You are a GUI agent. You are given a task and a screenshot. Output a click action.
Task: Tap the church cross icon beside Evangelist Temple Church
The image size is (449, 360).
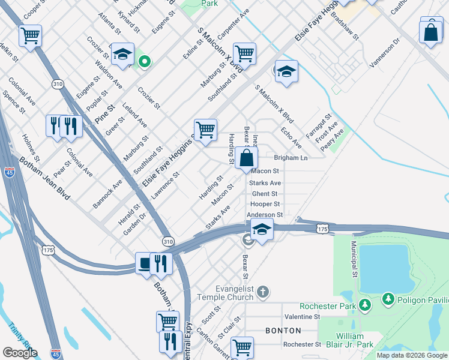tap(262, 293)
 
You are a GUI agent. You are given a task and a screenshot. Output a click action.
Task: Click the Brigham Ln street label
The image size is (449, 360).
tap(291, 158)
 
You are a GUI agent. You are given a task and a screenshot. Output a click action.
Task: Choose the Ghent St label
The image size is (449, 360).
tap(265, 194)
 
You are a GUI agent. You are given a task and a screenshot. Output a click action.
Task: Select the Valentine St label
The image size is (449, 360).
tap(303, 316)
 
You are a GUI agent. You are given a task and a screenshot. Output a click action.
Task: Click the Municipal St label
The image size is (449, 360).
tap(355, 260)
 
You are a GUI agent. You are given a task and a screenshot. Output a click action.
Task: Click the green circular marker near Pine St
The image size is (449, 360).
tap(144, 61)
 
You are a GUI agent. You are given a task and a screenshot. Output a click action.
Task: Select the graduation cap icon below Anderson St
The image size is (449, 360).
tap(262, 230)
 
